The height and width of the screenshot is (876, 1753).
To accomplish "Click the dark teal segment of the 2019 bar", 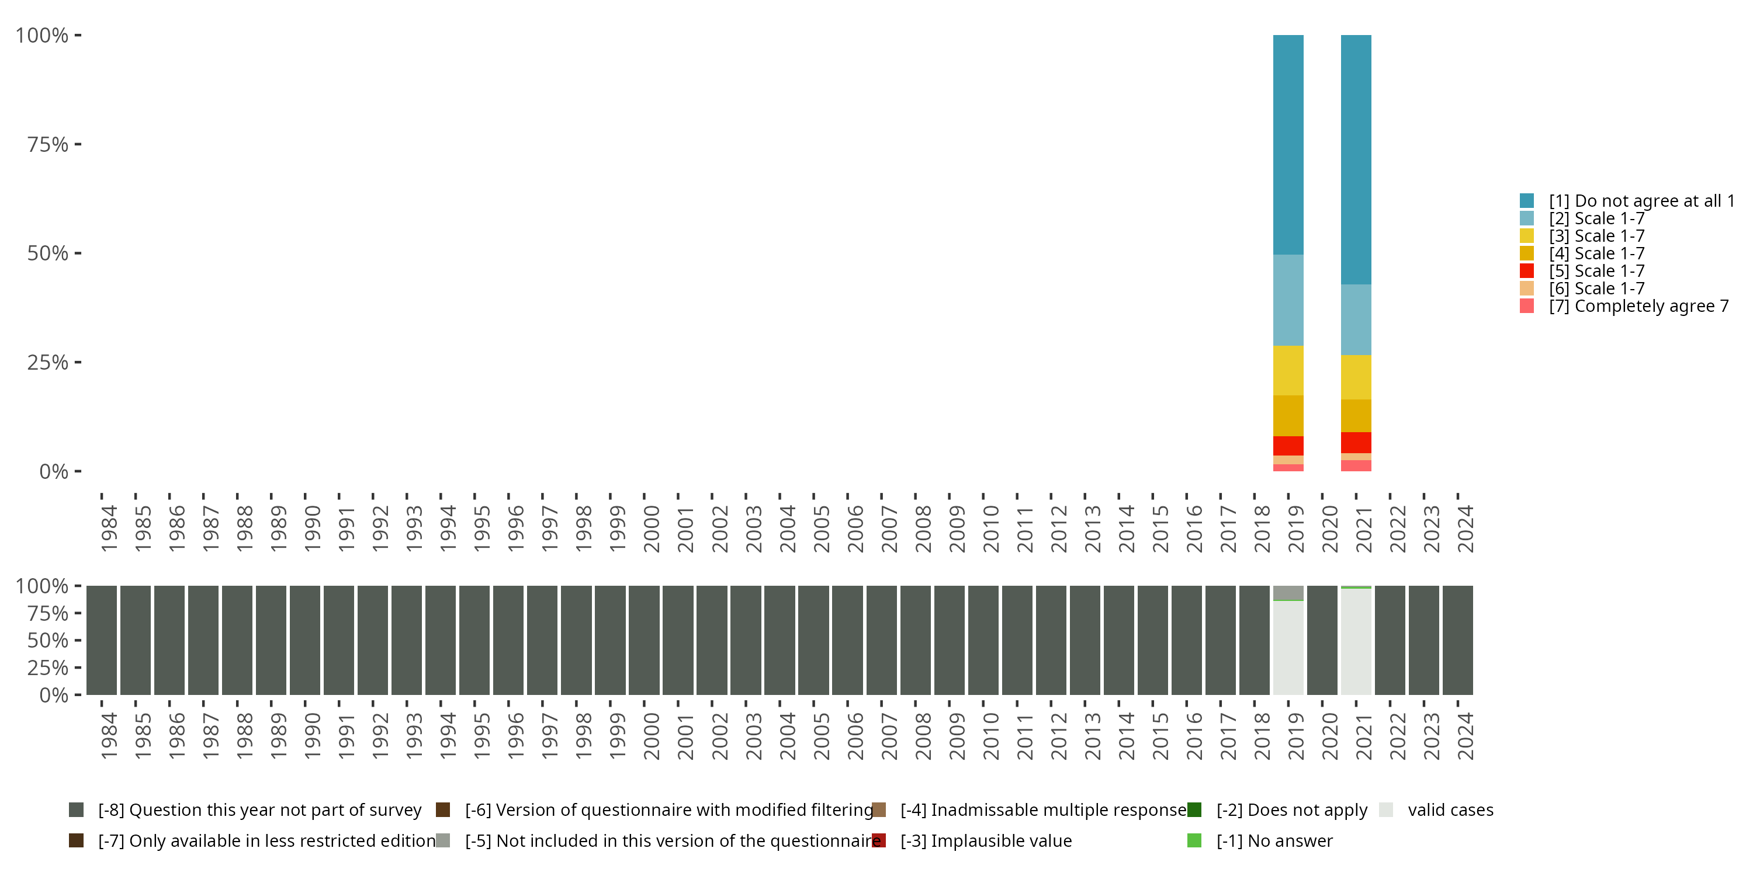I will tap(1288, 144).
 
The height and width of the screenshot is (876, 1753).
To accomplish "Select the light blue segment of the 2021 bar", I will tap(1356, 319).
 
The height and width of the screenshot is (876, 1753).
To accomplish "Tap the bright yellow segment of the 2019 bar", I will tap(1288, 370).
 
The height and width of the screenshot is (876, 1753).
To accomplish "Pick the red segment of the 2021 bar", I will tap(1356, 442).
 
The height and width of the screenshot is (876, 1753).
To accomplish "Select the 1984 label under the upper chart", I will tap(109, 529).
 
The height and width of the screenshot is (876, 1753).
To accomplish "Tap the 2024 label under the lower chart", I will tap(1465, 736).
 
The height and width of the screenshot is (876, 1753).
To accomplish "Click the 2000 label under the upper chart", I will tap(652, 529).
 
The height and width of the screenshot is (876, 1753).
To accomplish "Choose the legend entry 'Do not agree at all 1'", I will tap(1641, 201).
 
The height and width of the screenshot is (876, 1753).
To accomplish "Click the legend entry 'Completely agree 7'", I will tap(1638, 306).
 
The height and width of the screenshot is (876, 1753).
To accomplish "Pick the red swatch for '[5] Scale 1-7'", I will tap(1526, 271).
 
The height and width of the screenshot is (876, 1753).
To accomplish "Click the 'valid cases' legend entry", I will tap(1450, 810).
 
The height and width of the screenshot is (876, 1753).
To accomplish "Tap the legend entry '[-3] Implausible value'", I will tap(985, 840).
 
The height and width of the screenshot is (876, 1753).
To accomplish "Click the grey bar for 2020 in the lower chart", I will tap(1322, 640).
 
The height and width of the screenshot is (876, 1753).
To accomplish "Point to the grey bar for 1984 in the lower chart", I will tap(102, 640).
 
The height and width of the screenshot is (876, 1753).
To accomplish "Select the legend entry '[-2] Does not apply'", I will tap(1291, 810).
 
